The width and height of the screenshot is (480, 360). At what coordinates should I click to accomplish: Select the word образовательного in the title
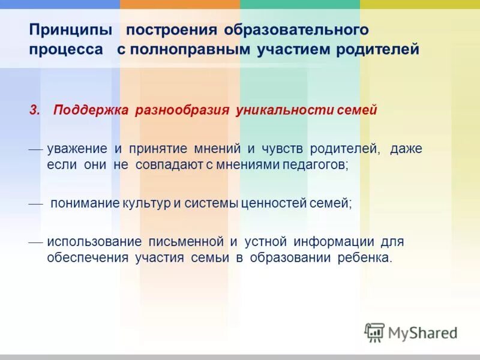pyautogui.click(x=296, y=29)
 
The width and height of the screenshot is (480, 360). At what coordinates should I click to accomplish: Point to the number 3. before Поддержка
pyautogui.click(x=34, y=110)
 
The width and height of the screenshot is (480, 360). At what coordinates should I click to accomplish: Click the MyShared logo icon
pyautogui.click(x=374, y=332)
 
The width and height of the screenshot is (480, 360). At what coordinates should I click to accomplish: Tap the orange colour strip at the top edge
pyautogui.click(x=180, y=4)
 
